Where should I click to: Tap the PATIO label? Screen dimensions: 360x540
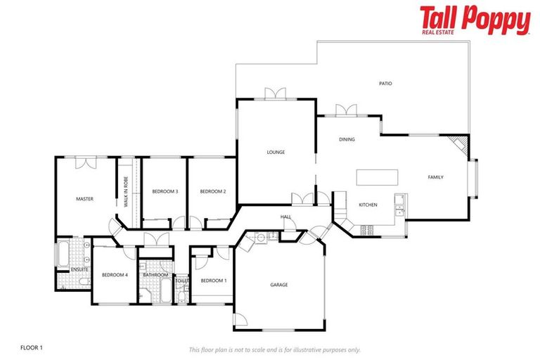click(x=385, y=84)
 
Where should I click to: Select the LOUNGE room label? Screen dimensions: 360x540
click(x=275, y=152)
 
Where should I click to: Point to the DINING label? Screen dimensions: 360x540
click(x=347, y=139)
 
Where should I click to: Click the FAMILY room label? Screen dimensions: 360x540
click(x=436, y=177)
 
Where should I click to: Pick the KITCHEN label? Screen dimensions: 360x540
click(x=368, y=205)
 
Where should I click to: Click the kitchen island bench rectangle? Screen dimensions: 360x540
click(x=377, y=176)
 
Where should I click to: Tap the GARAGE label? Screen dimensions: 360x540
click(x=279, y=285)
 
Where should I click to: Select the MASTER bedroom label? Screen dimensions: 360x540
click(x=84, y=199)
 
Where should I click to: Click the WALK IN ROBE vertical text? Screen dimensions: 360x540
click(x=127, y=191)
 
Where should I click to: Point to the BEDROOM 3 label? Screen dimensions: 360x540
click(x=165, y=191)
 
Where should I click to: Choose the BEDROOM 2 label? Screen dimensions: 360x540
click(x=212, y=191)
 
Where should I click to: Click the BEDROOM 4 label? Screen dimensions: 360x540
click(x=115, y=274)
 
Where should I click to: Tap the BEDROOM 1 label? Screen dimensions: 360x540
click(x=214, y=281)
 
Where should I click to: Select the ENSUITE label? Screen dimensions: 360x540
click(x=79, y=269)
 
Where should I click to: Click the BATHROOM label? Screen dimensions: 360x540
click(x=155, y=275)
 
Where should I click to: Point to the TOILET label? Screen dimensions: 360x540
click(x=182, y=281)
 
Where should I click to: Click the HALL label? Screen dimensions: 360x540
click(x=286, y=217)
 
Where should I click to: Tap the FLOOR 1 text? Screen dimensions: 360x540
click(x=32, y=347)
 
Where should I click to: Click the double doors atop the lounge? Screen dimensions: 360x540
click(x=275, y=94)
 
